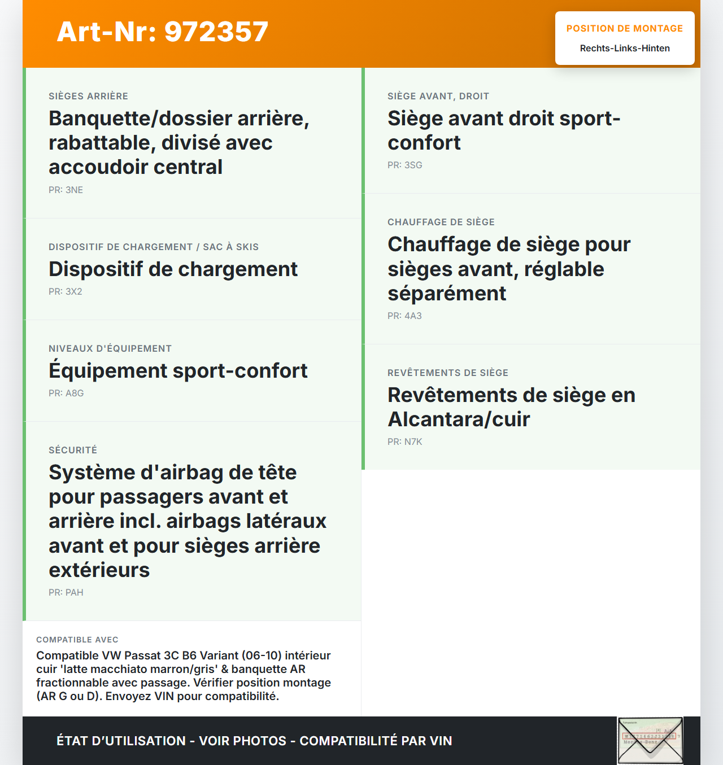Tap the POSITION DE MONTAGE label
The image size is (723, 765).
624,28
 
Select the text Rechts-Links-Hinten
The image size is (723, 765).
625,49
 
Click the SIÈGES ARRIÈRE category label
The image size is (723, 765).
88,96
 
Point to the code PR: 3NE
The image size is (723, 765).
66,190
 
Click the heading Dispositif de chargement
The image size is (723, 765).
173,269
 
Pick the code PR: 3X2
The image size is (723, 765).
66,291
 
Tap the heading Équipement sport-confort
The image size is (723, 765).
178,371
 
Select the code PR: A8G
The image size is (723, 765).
66,393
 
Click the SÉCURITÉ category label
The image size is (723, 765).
73,450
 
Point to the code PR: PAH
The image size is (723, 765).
66,592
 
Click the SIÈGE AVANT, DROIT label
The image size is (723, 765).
438,96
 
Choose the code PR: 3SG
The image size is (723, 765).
405,165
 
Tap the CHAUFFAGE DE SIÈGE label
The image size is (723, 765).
441,222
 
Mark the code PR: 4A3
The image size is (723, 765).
404,316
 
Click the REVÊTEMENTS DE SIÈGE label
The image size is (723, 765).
448,373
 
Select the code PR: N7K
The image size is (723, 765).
405,441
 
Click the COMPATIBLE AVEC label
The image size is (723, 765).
77,640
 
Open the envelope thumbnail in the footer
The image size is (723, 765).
650,740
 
